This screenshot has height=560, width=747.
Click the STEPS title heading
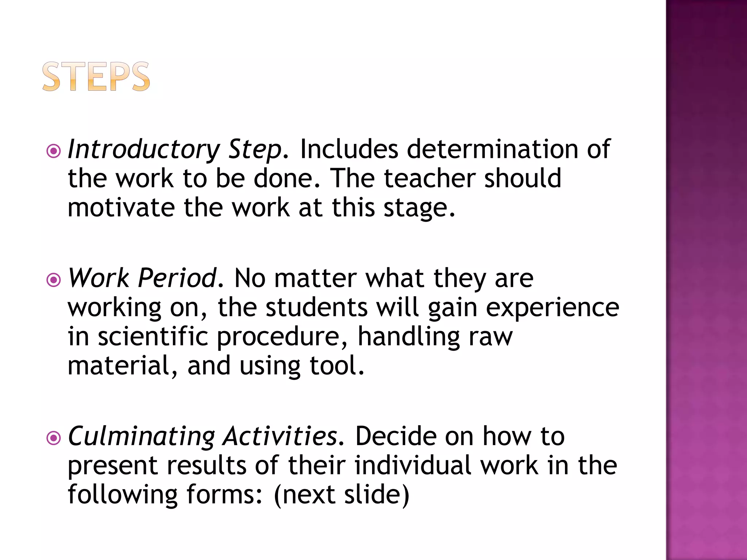(96, 77)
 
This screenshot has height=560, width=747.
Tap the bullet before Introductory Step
(54, 151)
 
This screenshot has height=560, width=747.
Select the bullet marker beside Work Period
(54, 280)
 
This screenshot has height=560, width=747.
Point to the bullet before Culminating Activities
(54, 438)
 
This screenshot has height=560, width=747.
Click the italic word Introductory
(144, 149)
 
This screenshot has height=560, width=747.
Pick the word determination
(492, 149)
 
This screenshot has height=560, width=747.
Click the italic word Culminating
(142, 437)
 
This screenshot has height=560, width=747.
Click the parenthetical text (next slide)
(341, 495)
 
